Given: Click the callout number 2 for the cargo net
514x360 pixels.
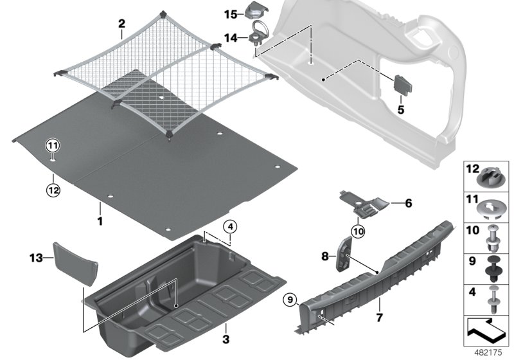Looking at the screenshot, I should [121, 24].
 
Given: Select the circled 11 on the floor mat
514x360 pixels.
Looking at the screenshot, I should [52, 146].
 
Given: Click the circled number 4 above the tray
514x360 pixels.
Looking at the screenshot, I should [230, 227].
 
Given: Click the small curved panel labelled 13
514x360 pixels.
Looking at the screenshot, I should [76, 262].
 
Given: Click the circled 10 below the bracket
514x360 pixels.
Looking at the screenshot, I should [358, 230].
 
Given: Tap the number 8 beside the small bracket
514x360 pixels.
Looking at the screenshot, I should [326, 256].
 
